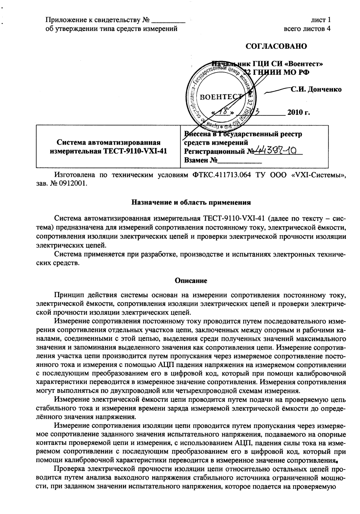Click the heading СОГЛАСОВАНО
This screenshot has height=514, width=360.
(276, 46)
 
